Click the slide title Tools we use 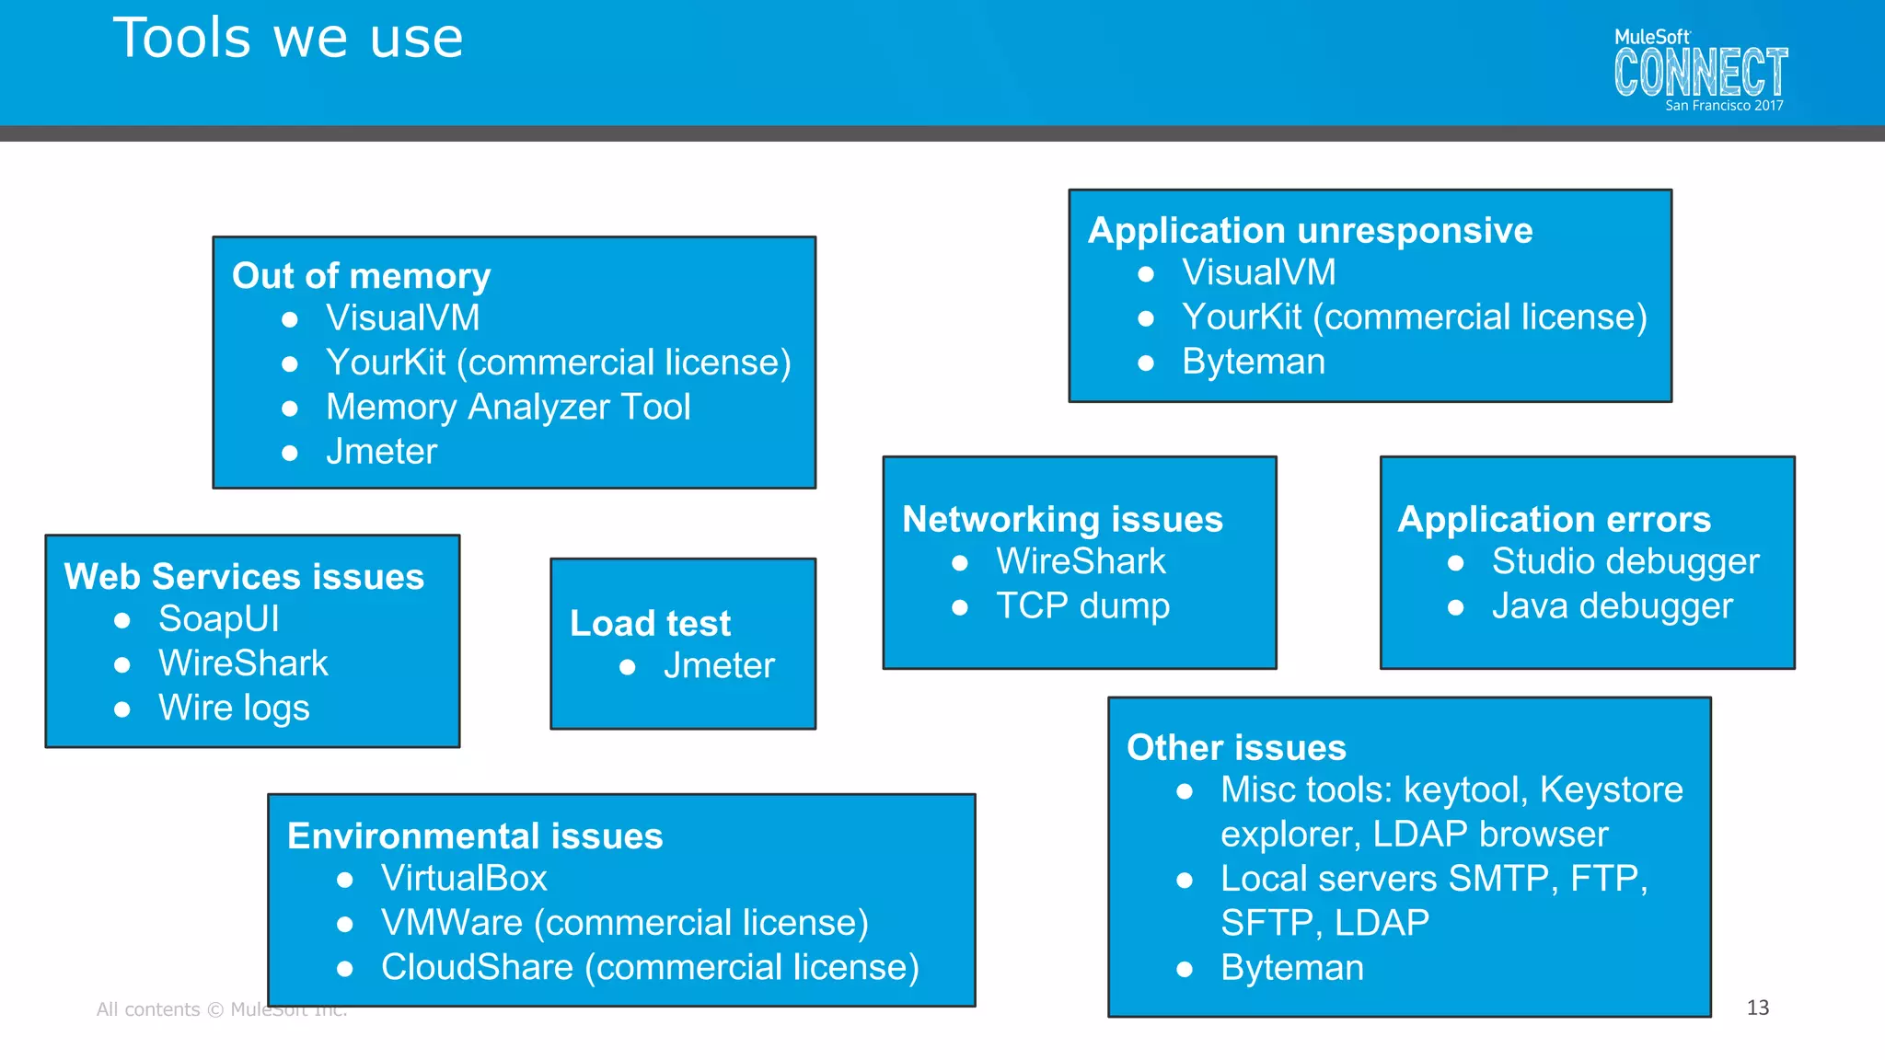[288, 39]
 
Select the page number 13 [1757, 1008]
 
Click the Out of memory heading [361, 276]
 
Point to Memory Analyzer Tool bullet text [507, 407]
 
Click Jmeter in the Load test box [719, 665]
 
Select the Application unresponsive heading [1310, 230]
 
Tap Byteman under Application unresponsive [1253, 362]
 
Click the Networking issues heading [1062, 519]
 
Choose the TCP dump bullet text [1082, 605]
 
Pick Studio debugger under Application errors [1625, 561]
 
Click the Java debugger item [1612, 605]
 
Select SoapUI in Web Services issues [218, 618]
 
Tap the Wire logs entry [234, 708]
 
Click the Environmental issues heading [475, 835]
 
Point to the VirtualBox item [464, 878]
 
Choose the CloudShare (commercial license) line [650, 967]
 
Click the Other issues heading [1236, 747]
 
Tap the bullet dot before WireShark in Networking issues [959, 562]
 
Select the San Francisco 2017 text [1724, 106]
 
